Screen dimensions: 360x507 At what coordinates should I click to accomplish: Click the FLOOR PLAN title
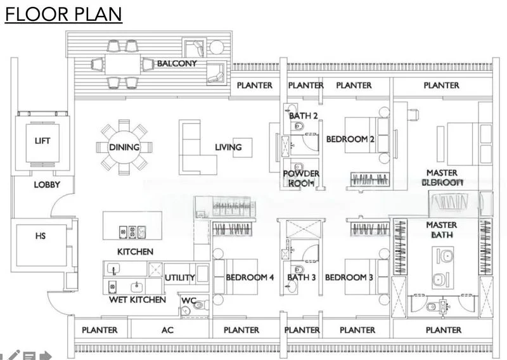pos(63,15)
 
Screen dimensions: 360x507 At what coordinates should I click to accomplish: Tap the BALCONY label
pos(177,63)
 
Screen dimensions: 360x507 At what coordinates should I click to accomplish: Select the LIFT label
pos(42,141)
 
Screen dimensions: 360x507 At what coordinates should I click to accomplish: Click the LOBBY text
pos(47,184)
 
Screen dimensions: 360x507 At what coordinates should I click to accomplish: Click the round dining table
pos(125,147)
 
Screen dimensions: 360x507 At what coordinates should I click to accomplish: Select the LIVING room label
pos(228,147)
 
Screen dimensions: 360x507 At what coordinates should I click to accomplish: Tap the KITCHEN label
pos(135,252)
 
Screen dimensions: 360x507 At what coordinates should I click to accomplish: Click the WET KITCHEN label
pos(138,299)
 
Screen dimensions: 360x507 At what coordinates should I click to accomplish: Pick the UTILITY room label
pos(179,278)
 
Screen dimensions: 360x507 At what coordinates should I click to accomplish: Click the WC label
pos(189,300)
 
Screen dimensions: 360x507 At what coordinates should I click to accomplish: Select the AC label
pos(168,330)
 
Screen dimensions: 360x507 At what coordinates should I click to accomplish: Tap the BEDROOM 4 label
pos(250,278)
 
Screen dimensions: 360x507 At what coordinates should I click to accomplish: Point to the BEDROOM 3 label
pos(349,278)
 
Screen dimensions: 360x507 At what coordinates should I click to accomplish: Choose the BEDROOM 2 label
pos(350,138)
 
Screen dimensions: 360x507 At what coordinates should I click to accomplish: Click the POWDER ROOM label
pos(301,178)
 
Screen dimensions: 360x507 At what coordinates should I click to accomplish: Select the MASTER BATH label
pos(442,230)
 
